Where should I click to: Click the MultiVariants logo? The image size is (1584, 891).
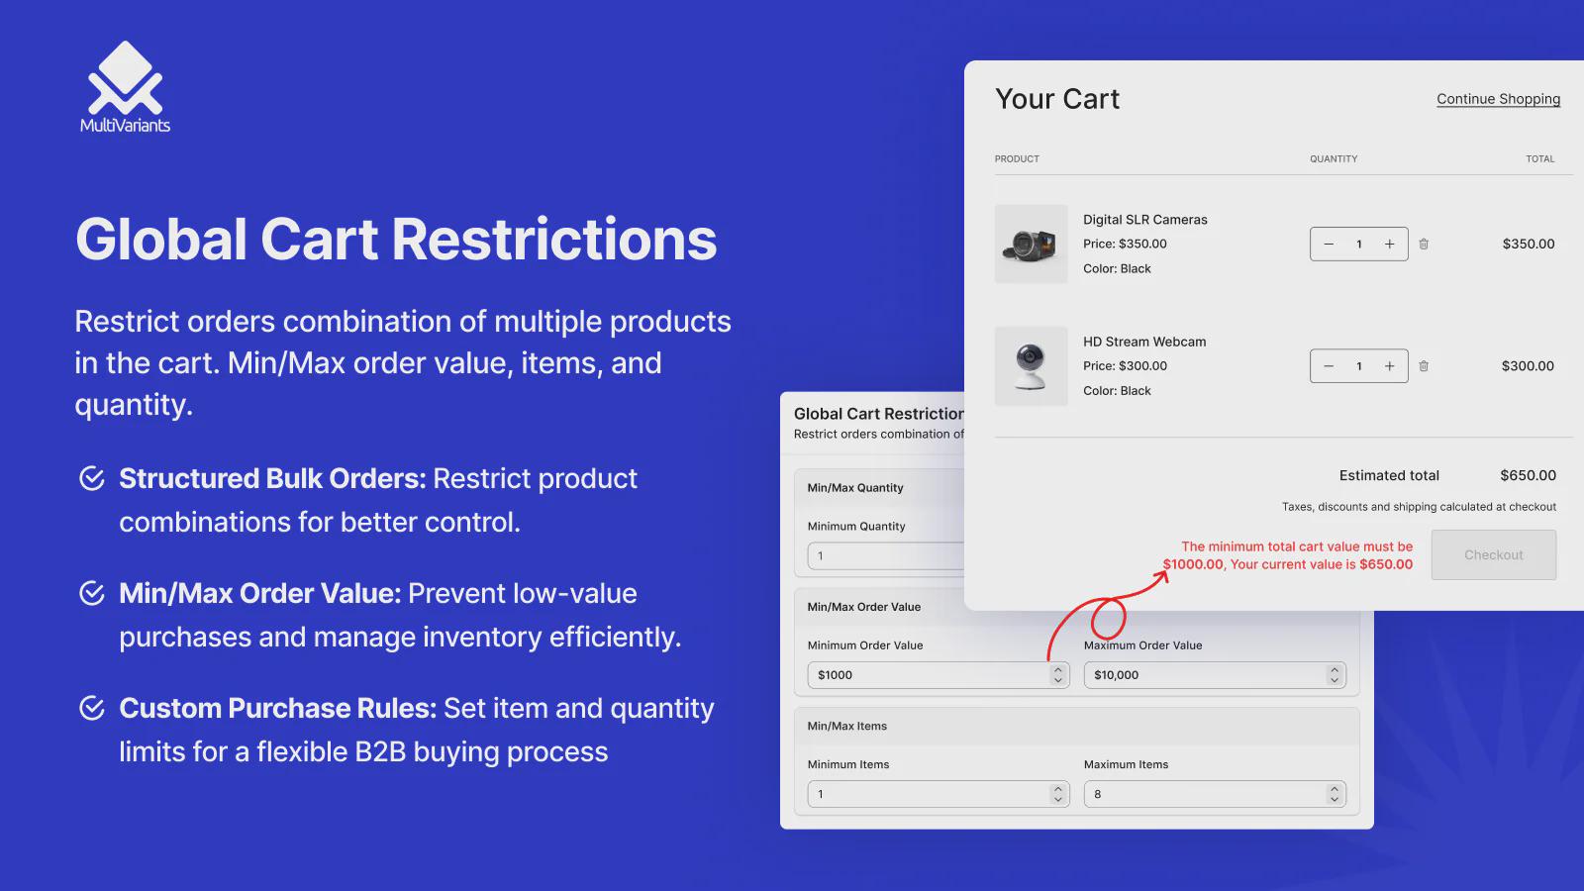[125, 86]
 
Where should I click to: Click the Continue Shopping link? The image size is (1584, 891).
[1498, 99]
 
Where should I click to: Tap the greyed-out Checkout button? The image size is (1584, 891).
[1494, 555]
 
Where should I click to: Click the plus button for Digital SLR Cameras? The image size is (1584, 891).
[1390, 244]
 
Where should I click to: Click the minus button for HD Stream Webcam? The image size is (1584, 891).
[1329, 366]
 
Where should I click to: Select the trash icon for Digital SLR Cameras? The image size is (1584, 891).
[1424, 244]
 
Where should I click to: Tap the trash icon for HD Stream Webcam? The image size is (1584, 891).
[1424, 366]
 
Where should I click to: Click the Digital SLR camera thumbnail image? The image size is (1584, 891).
[1031, 244]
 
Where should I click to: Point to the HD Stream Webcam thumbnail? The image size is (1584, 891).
[1031, 366]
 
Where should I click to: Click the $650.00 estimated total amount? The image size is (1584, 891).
[1529, 476]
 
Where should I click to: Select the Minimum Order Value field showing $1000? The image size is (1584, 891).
[939, 675]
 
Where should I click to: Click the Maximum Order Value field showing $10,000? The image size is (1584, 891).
[1215, 675]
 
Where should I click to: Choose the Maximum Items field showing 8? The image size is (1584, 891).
[1215, 794]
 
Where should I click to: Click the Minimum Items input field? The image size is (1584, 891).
[939, 794]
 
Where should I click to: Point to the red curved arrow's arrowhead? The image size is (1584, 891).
[1162, 576]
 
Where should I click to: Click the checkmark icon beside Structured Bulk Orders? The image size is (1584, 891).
[92, 479]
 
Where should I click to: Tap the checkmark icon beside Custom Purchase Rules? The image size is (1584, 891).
[92, 708]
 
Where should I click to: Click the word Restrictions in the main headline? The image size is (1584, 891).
[554, 239]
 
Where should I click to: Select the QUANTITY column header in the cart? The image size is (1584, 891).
[1334, 159]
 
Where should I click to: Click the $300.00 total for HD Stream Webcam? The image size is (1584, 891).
[1529, 366]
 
